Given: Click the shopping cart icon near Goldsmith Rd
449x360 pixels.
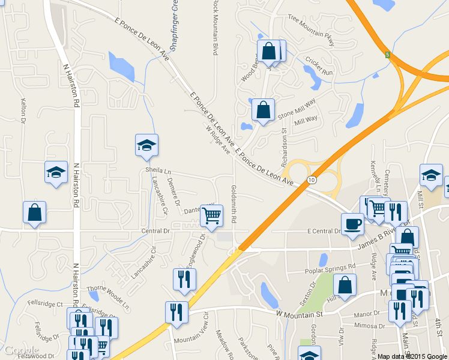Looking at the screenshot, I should point(211,215).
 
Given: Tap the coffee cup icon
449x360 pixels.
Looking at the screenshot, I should point(352,223).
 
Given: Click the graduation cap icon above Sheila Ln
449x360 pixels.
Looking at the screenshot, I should point(146,145).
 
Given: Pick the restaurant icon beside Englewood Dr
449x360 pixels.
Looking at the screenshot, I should point(184,278).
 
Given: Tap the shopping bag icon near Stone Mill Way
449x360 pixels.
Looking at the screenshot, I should point(263,110).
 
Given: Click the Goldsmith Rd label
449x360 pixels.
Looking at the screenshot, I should point(234,204).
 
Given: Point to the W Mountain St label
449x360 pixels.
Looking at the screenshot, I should point(300,313).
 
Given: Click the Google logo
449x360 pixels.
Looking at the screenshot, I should point(21,350).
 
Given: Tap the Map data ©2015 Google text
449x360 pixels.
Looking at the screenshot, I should point(412,356).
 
